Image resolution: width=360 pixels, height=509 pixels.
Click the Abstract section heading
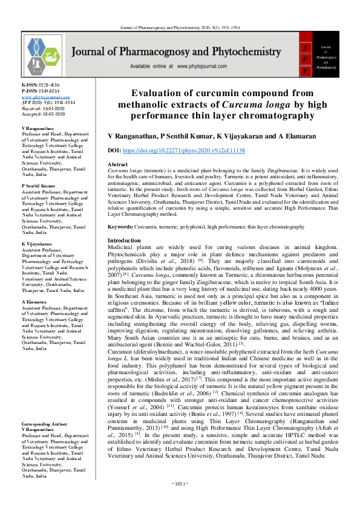coord(117,164)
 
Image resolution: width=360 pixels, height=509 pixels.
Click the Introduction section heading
coord(123,241)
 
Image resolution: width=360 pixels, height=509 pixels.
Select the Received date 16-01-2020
coord(42,107)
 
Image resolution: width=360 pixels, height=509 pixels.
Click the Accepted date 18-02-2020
coord(42,112)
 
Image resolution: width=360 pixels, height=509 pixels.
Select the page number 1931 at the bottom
coord(180,501)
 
